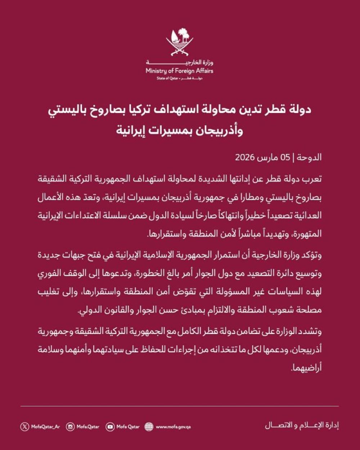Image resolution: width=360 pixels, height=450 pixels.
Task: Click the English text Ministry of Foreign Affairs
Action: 180,71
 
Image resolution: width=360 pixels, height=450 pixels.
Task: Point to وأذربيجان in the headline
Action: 217,130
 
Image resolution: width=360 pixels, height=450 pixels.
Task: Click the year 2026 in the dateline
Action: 245,157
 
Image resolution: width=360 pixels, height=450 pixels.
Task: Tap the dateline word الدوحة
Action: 311,157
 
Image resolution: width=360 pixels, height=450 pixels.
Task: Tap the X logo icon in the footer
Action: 24,427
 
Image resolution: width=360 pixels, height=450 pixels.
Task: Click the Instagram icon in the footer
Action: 71,427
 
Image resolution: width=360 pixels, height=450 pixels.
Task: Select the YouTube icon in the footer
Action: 110,427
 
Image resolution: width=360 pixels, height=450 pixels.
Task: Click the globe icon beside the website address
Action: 149,427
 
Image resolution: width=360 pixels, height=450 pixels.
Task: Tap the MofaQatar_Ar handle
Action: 45,427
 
